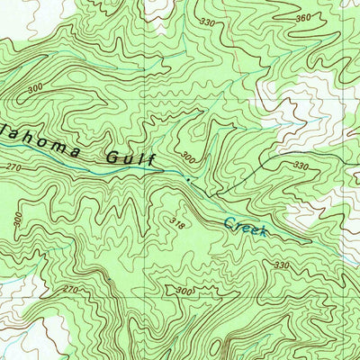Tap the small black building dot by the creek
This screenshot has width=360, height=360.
[187, 180]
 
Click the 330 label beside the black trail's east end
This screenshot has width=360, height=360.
[300, 167]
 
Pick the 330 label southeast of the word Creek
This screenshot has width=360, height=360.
[282, 265]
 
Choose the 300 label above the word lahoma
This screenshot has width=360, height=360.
[37, 90]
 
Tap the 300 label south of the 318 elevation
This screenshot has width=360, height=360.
[184, 291]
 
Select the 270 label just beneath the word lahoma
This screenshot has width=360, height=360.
[13, 167]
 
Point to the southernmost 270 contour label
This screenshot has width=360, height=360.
[72, 290]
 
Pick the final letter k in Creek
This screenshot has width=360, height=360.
[263, 232]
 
